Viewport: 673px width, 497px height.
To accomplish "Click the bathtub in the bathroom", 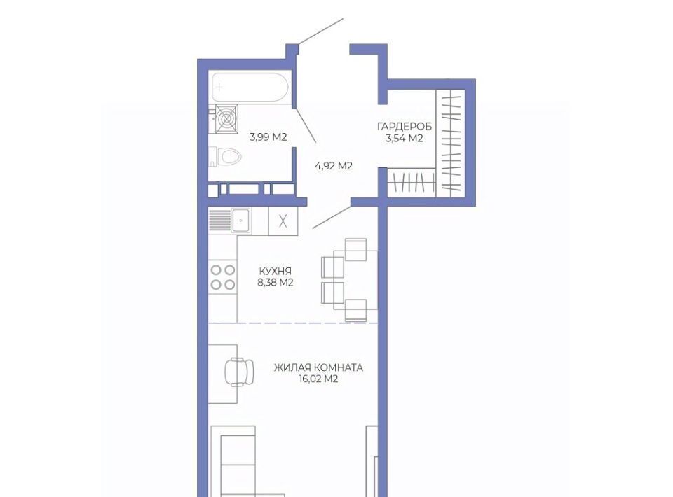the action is pos(250,87).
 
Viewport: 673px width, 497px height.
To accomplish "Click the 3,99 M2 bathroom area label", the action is pos(268,137).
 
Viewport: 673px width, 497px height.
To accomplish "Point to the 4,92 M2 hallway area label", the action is pos(334,166).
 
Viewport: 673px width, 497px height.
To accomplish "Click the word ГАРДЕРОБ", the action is pos(405,127).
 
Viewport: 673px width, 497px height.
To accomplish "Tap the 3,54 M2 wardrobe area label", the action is pos(405,138).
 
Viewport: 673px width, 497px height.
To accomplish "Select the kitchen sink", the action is pos(241,220).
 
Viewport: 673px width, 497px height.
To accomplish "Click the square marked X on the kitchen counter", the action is pos(283,221).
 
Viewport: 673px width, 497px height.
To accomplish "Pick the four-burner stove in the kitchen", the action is pos(223,277).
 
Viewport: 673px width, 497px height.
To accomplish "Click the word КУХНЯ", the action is pos(275,271).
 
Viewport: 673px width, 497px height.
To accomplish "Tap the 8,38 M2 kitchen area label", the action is pos(275,282).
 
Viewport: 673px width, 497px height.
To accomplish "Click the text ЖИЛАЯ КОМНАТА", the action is pos(318,367).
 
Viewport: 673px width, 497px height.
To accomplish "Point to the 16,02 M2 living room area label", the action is pos(318,379).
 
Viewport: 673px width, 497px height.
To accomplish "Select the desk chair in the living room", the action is pos(239,372).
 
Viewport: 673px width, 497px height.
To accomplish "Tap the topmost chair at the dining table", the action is pos(356,249).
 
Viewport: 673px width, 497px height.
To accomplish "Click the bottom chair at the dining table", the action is pos(356,310).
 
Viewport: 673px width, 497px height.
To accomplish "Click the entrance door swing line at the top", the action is pos(321,31).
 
